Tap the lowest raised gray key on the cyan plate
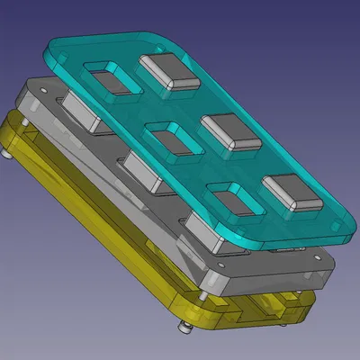tap(291, 193)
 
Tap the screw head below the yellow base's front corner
tap(186, 327)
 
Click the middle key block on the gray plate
tap(144, 171)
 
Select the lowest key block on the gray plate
tap(205, 232)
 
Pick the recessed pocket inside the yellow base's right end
tap(270, 310)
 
